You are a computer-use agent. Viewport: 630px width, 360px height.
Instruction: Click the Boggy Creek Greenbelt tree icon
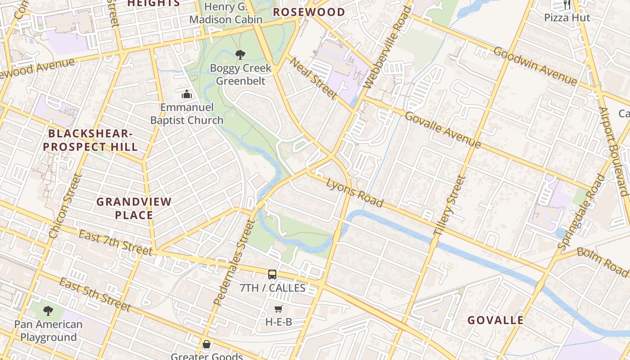240,55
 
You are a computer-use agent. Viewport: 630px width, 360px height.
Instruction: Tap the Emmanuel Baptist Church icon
186,94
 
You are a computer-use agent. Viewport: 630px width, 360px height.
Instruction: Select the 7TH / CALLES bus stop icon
272,274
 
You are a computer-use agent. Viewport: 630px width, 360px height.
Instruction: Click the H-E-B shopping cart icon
279,309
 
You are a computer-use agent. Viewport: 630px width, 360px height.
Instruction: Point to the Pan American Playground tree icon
48,310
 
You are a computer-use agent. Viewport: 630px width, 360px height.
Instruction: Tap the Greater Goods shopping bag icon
207,344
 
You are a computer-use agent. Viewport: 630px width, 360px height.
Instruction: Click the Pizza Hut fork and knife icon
567,5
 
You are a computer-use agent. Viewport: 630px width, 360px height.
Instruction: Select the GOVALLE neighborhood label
495,320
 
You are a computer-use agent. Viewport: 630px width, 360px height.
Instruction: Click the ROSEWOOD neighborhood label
309,12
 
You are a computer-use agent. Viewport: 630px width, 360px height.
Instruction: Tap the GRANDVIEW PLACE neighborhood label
134,208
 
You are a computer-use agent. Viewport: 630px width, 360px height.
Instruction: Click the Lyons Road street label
355,192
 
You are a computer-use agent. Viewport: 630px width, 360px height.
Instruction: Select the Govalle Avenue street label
443,130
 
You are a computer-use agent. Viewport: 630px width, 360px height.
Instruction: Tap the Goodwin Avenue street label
535,66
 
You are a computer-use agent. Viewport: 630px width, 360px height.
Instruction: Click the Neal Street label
312,78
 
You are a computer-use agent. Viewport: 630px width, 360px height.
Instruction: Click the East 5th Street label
94,295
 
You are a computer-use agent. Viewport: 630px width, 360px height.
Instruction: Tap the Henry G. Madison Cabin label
225,13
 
